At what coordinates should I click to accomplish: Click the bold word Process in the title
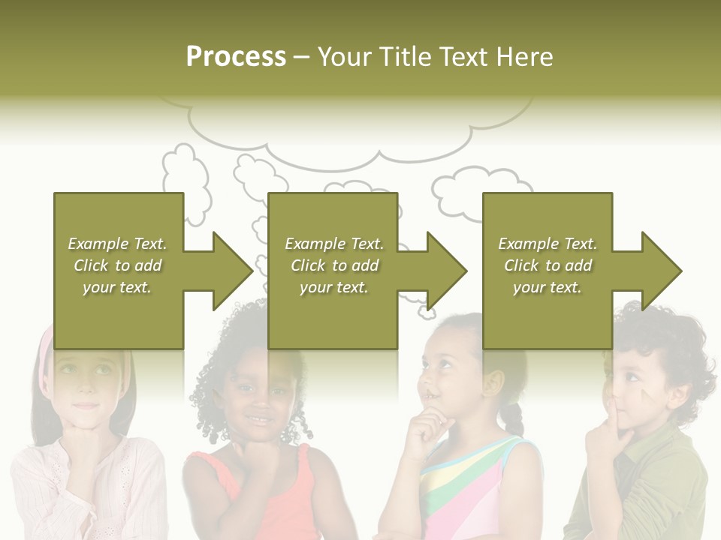(236, 57)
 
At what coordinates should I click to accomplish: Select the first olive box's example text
(117, 265)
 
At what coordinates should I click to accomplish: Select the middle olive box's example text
(334, 265)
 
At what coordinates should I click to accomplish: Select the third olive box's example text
(548, 265)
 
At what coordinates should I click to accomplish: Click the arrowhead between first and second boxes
(230, 271)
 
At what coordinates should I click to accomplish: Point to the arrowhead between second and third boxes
(445, 271)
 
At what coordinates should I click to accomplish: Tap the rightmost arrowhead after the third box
(659, 271)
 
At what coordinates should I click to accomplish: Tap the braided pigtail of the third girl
(513, 417)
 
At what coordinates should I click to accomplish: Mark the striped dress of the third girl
(458, 487)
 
